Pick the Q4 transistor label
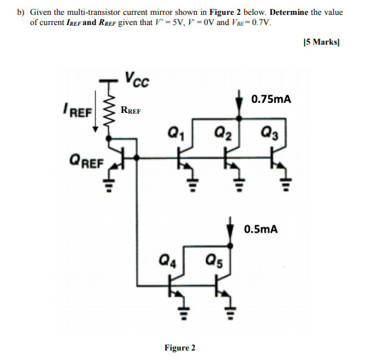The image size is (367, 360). point(169,258)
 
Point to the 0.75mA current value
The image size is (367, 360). point(271,99)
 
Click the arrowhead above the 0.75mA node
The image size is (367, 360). point(238,102)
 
